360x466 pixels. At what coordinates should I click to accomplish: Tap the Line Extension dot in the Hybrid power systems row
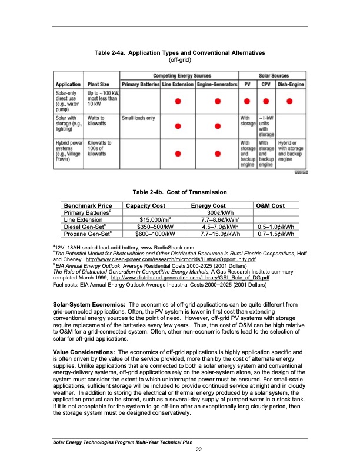[x=178, y=154]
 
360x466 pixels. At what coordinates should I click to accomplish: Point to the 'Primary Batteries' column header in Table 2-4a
[x=140, y=84]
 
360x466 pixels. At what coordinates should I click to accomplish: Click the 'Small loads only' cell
[x=139, y=118]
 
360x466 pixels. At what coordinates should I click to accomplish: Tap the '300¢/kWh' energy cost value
[x=205, y=212]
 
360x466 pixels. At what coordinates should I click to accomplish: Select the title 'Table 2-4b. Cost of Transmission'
[x=180, y=192]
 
